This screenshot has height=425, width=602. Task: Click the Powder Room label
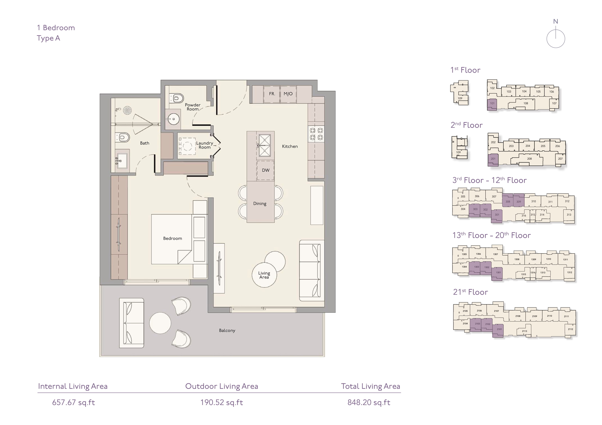coord(193,107)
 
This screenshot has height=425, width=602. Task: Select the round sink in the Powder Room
coord(173,119)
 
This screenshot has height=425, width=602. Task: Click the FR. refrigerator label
coord(272,94)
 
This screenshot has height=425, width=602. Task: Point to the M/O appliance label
coord(288,94)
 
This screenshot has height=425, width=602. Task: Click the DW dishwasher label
coord(266,170)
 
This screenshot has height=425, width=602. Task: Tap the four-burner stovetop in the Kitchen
coord(316,134)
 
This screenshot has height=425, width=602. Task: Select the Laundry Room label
coord(205,145)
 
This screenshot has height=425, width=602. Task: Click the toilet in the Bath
coord(123,137)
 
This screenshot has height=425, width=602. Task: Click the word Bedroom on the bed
coord(173,238)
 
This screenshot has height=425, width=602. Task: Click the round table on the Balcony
coord(160,323)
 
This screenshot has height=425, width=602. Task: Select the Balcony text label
coord(227,331)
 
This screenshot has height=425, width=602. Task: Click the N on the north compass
coord(556,21)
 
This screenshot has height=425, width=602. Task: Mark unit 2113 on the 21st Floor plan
coord(524,331)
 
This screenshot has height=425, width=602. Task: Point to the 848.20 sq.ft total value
coord(369,402)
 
